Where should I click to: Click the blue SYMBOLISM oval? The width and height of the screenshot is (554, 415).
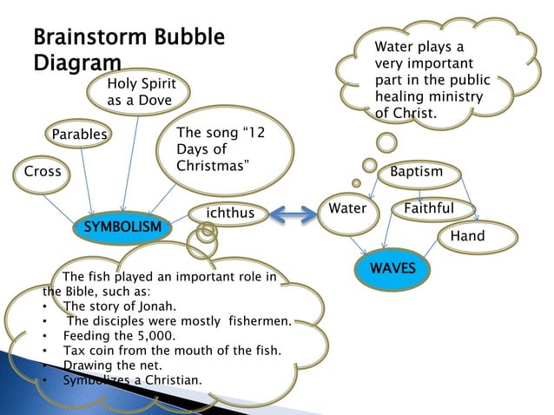pyautogui.click(x=122, y=227)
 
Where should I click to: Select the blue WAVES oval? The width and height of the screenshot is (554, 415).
pyautogui.click(x=392, y=267)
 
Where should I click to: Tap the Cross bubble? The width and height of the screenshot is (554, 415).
pyautogui.click(x=42, y=171)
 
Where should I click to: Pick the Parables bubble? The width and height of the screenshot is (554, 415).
pyautogui.click(x=79, y=135)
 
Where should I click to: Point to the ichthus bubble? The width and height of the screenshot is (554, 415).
pyautogui.click(x=229, y=213)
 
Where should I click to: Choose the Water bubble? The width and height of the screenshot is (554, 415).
pyautogui.click(x=347, y=208)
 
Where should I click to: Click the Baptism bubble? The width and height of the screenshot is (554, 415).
pyautogui.click(x=416, y=172)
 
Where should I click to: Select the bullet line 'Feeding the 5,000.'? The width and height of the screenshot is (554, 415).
pyautogui.click(x=119, y=335)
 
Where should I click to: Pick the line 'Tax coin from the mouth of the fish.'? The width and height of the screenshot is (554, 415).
pyautogui.click(x=172, y=350)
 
